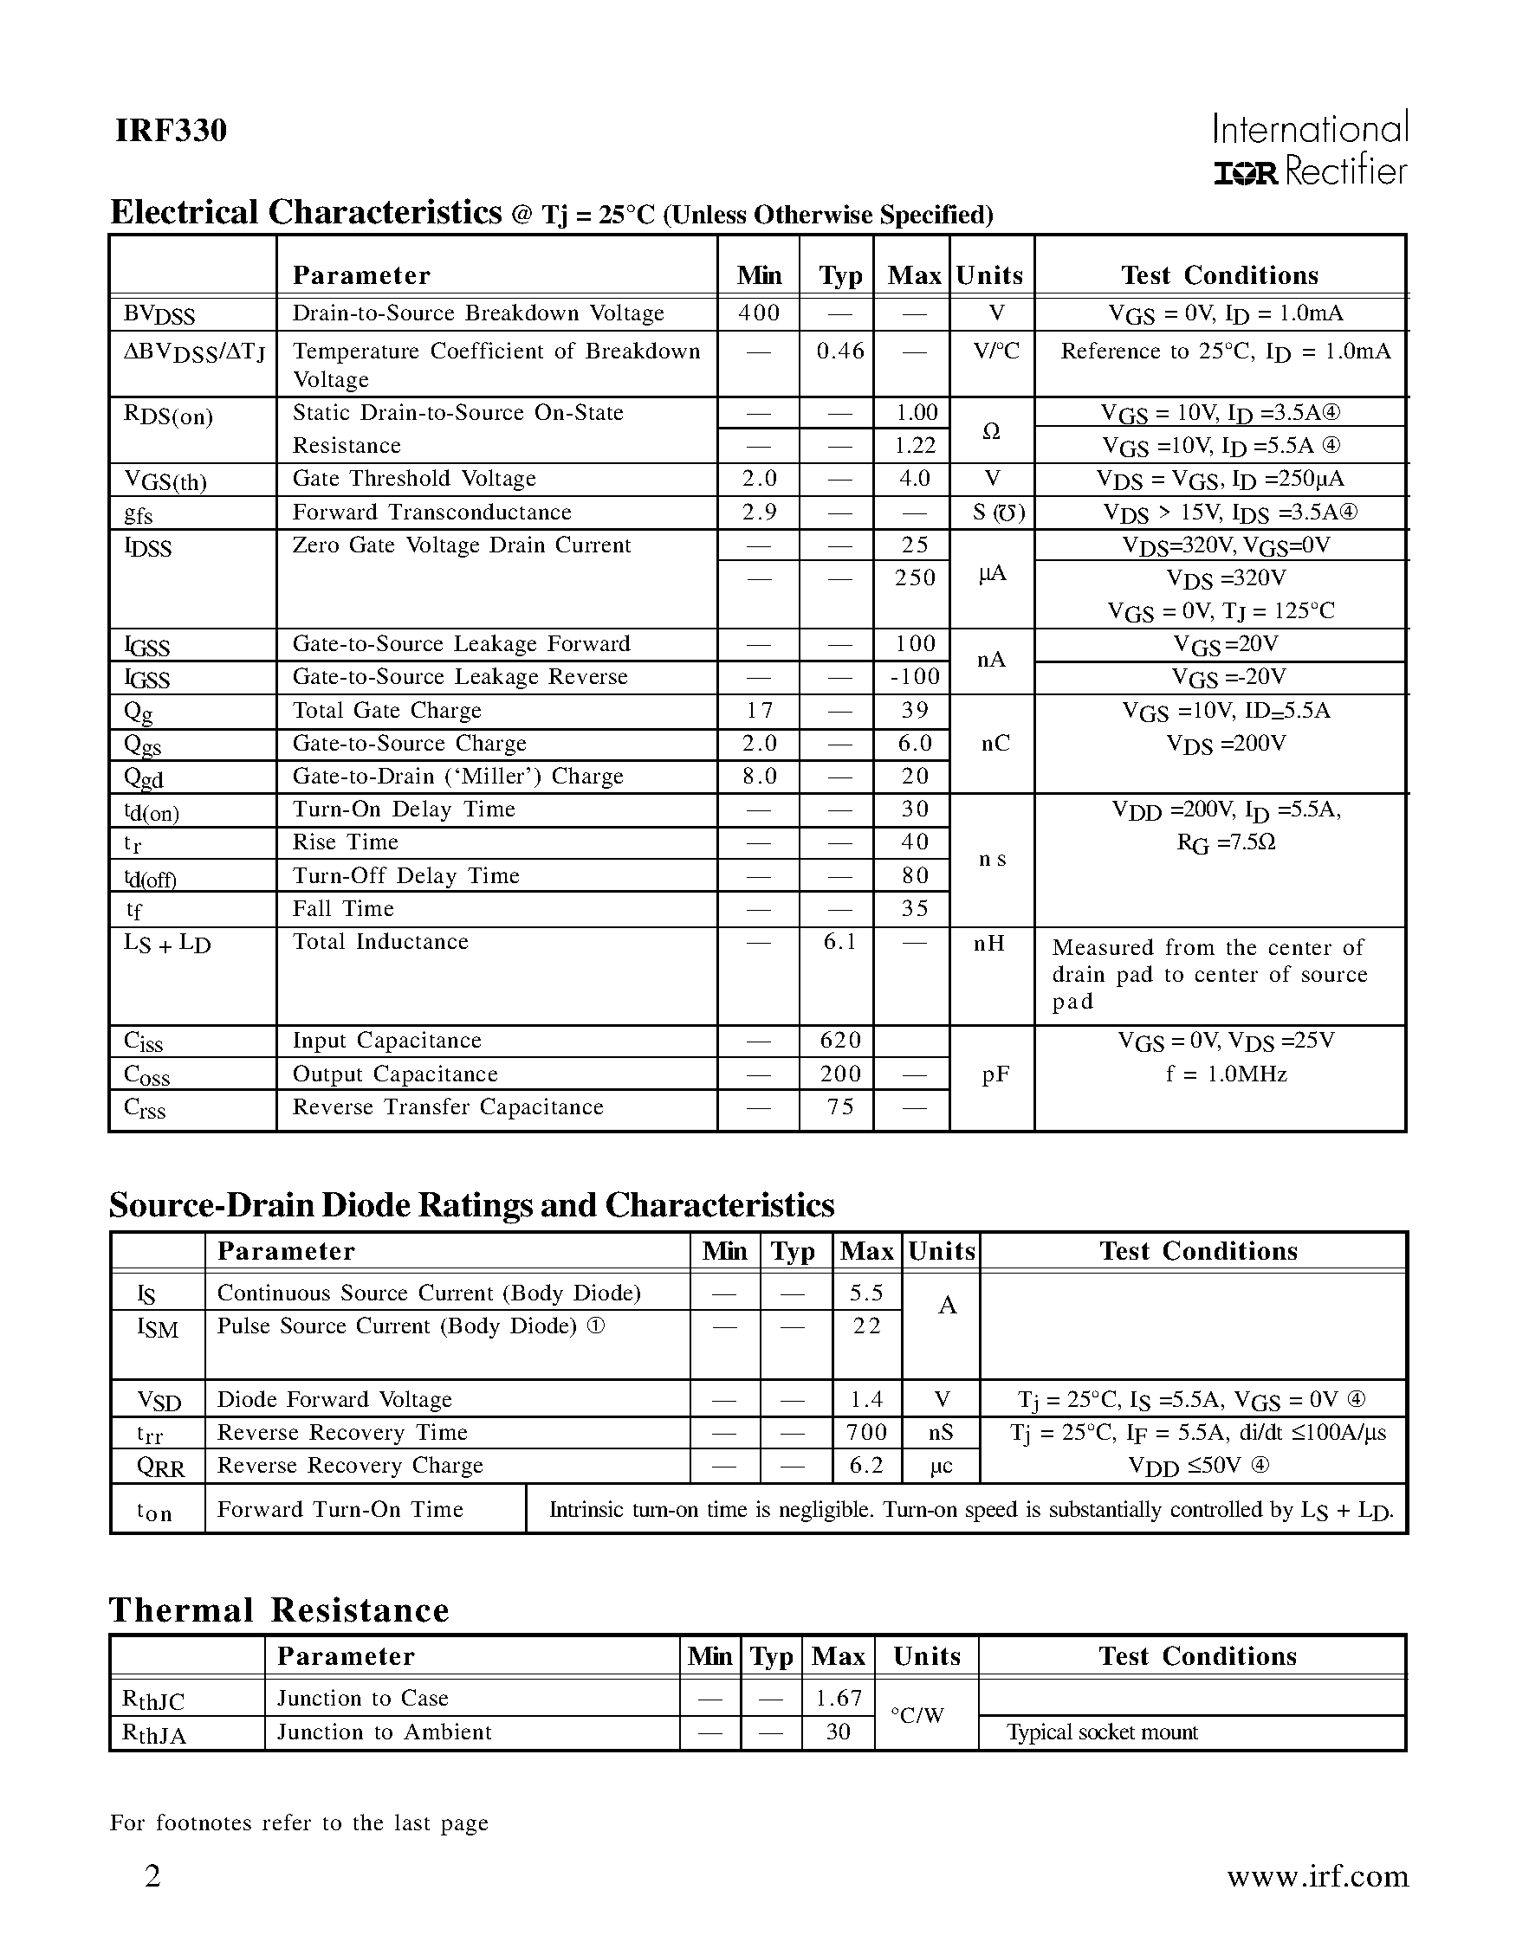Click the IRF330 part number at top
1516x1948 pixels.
point(171,131)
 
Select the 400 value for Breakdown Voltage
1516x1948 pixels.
point(760,313)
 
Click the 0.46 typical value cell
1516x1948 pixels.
point(839,351)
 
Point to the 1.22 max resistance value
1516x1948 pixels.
point(916,445)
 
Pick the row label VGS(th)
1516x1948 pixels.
point(165,481)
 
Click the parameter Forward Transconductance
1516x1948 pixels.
point(432,512)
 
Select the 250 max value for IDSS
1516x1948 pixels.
point(916,578)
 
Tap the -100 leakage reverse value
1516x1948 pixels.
point(915,677)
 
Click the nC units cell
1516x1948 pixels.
point(994,743)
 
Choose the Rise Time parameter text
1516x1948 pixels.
point(346,842)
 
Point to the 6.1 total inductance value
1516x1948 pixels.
point(839,942)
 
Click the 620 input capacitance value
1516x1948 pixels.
point(839,1040)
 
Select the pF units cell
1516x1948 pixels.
point(994,1074)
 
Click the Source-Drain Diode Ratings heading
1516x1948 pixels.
point(471,1205)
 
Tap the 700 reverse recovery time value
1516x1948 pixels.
point(866,1433)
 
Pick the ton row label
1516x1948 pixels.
point(153,1512)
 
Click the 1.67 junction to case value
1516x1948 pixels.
point(839,1698)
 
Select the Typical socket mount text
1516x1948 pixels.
point(1102,1732)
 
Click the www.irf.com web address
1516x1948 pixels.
point(1317,1876)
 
